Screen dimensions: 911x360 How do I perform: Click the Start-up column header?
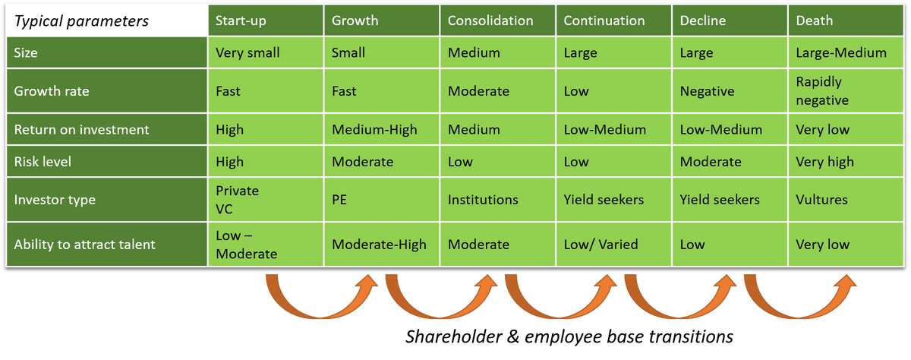266,21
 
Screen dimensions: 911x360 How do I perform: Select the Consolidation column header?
497,21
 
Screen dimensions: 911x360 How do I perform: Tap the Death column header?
846,21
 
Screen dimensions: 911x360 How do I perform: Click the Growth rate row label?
106,90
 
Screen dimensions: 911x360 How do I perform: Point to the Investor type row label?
106,200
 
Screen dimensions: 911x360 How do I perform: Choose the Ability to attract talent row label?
106,244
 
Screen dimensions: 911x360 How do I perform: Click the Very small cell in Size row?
266,52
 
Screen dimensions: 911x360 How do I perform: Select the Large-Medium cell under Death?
846,52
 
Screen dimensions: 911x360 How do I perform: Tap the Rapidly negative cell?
846,90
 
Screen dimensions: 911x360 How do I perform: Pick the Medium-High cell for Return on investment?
381,129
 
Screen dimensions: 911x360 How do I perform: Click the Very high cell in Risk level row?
846,162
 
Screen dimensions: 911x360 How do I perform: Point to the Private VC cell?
266,200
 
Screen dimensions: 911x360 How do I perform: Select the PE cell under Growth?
381,200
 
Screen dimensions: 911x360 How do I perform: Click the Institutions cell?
497,200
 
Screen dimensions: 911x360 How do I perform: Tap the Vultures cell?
846,200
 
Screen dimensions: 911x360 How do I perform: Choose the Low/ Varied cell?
613,244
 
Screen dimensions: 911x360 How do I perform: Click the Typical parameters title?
81,21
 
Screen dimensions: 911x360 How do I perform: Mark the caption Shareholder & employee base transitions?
569,336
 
